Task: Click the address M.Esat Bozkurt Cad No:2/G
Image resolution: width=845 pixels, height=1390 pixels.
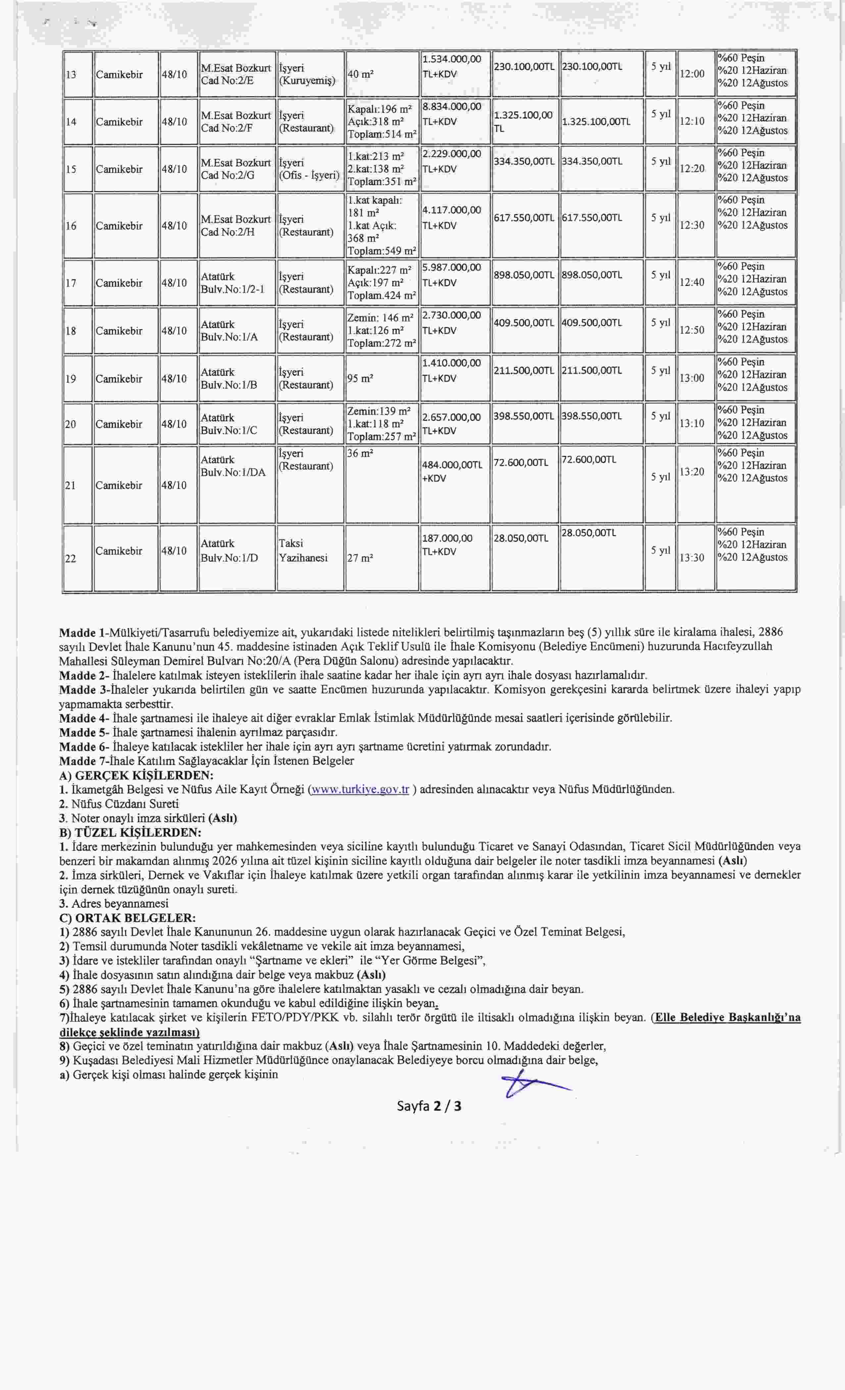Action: (x=236, y=169)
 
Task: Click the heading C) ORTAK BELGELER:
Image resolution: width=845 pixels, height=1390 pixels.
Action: (x=127, y=918)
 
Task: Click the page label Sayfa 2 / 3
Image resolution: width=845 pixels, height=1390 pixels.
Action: (x=429, y=1106)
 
